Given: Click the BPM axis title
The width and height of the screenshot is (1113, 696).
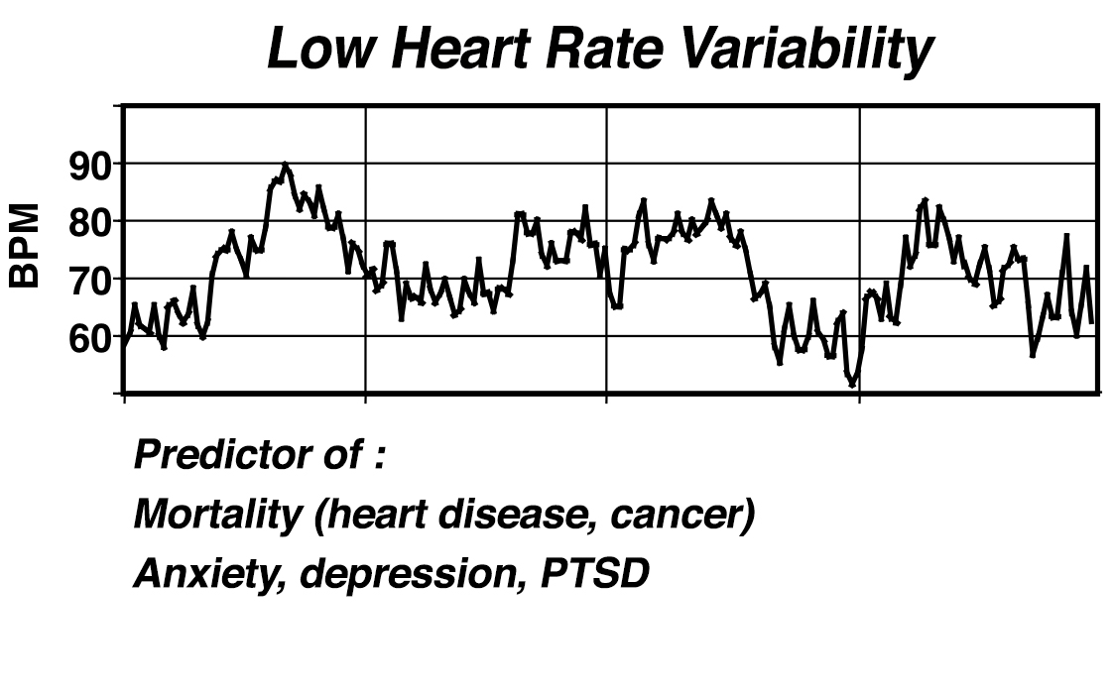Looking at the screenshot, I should pos(26,246).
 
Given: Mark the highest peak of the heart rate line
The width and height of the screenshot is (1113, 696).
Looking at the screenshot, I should pos(285,165).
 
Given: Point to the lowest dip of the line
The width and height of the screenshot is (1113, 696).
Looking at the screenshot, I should pos(851,384).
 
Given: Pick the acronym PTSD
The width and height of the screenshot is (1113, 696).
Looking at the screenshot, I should pos(593,573).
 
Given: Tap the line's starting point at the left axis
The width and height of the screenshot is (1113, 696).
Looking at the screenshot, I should pos(124,343).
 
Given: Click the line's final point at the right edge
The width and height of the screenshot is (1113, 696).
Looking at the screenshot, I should pos(1092,321).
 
